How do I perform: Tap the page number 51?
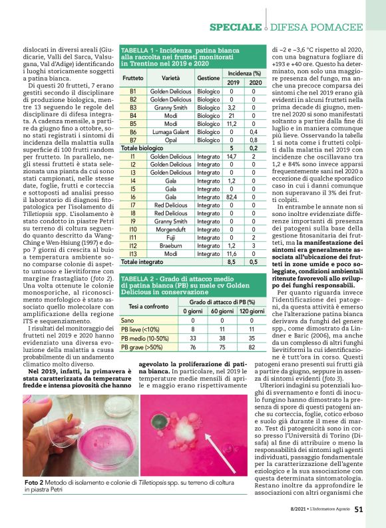point(358,510)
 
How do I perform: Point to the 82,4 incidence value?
point(232,197)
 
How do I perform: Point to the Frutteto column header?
point(133,78)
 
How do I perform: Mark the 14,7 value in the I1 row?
point(232,156)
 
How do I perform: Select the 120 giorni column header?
point(252,311)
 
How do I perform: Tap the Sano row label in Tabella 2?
point(127,320)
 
